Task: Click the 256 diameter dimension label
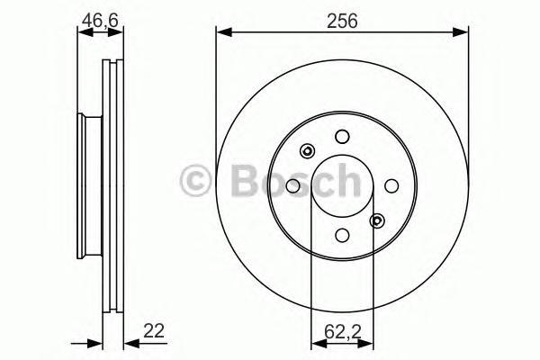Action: [342, 21]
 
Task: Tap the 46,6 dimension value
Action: [100, 21]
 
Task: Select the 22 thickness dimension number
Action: [154, 330]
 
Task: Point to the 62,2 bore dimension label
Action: [342, 331]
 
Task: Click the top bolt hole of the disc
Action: [342, 137]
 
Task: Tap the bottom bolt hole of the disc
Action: [342, 235]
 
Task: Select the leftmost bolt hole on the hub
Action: [293, 186]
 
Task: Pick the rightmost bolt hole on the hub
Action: [391, 186]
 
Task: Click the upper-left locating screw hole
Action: [307, 151]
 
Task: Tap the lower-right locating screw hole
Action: [377, 220]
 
